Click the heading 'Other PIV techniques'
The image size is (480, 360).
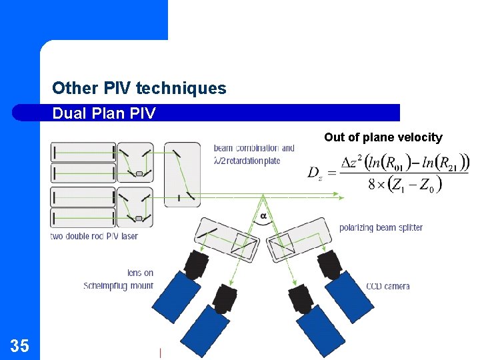point(139,88)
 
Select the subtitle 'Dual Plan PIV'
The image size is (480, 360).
point(103,113)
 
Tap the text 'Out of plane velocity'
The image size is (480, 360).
point(383,137)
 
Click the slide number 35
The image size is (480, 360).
point(20,345)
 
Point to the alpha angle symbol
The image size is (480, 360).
point(263,216)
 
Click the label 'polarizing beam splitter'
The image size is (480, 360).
point(381,227)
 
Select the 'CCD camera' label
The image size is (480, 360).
point(387,286)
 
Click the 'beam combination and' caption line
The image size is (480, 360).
point(254,148)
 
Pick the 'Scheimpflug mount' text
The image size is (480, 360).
point(118,286)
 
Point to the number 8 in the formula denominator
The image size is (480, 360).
point(372,185)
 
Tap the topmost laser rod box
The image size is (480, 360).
point(83,152)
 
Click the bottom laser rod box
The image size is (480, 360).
point(83,218)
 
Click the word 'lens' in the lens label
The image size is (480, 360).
point(134,273)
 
